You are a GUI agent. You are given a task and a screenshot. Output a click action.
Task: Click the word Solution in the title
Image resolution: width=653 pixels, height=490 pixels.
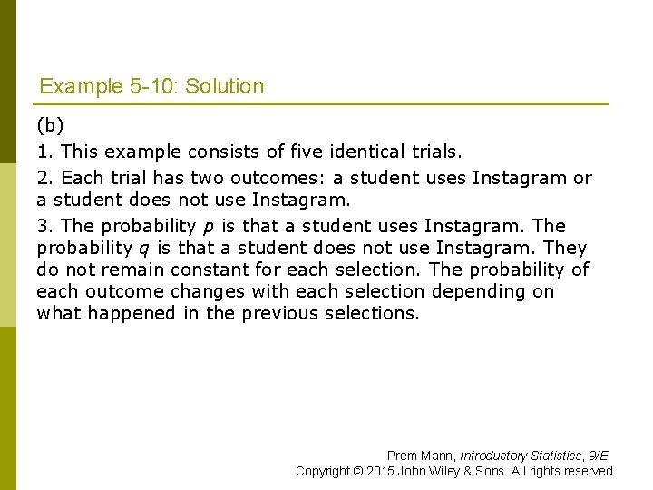tap(224, 87)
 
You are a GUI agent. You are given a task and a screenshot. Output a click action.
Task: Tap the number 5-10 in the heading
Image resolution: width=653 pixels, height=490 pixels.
tap(154, 87)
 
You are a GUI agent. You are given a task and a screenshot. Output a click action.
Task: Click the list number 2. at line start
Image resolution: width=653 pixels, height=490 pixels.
tap(45, 178)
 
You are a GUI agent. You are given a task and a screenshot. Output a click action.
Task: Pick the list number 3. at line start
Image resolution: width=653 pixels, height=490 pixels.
tap(45, 226)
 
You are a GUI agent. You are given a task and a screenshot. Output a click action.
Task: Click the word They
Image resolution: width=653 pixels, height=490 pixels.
tap(565, 248)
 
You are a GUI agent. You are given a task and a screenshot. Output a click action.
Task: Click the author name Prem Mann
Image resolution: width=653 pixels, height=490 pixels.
tap(420, 456)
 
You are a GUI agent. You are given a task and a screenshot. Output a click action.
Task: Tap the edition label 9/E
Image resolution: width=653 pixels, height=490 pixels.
tap(598, 456)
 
